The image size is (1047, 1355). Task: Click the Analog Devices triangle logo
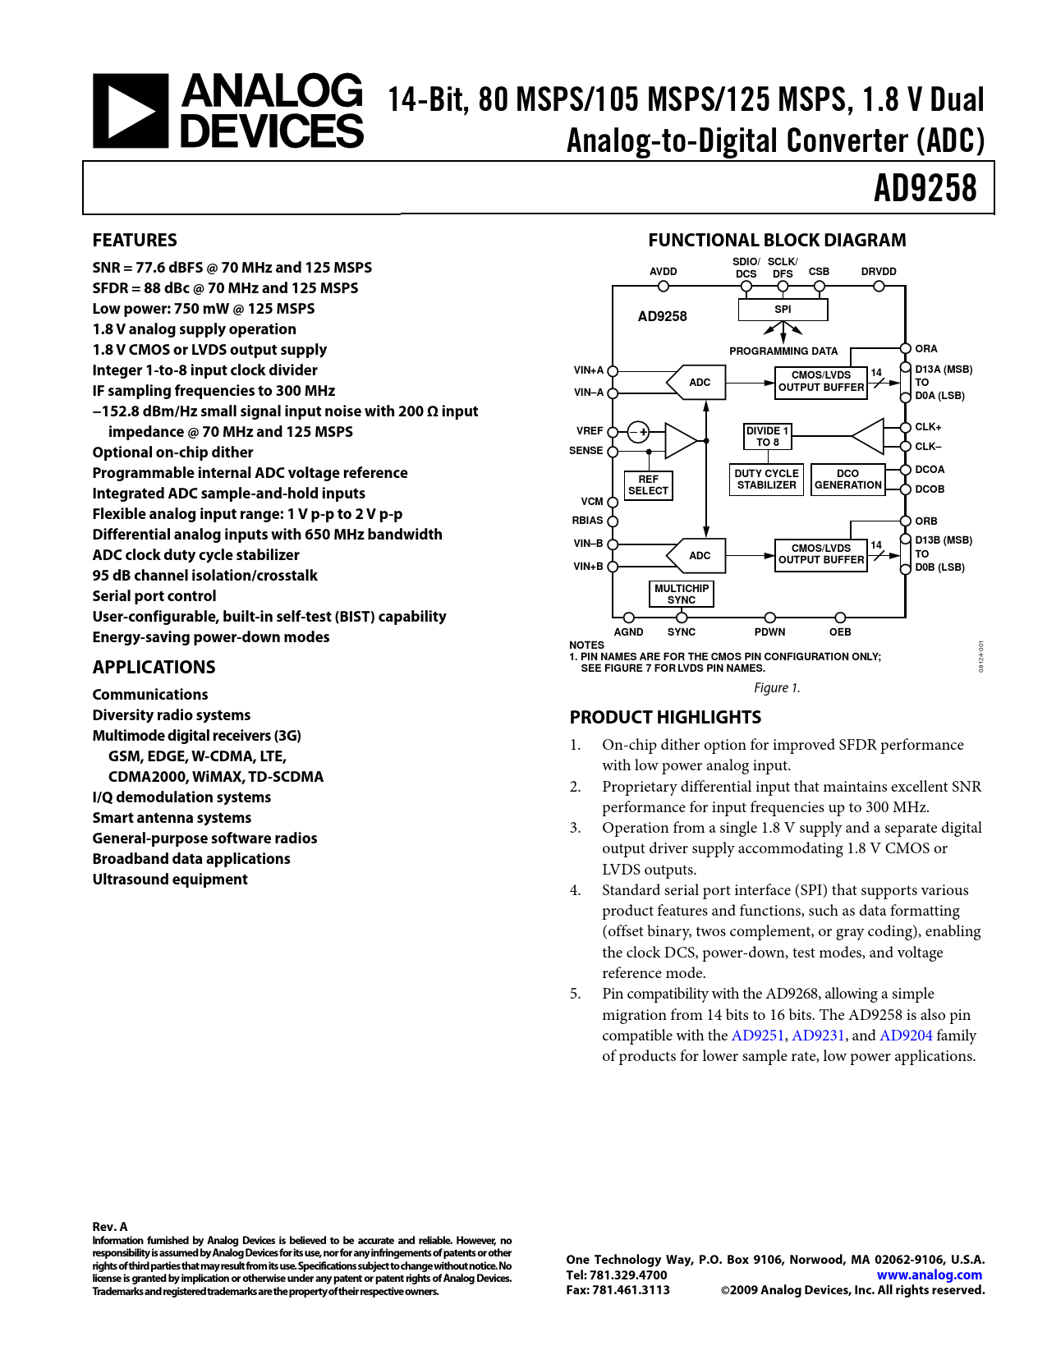(131, 111)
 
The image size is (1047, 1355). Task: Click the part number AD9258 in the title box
(925, 188)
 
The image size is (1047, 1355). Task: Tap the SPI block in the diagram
(783, 310)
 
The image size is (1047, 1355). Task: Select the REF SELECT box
(648, 485)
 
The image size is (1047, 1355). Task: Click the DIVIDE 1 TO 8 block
(767, 436)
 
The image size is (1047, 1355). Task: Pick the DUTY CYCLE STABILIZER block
(766, 479)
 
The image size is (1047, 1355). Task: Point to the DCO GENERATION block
(847, 479)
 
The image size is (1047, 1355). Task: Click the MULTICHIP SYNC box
(681, 594)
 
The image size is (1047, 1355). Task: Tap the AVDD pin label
(664, 272)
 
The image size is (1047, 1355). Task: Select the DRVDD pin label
(879, 272)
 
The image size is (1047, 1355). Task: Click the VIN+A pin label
(588, 370)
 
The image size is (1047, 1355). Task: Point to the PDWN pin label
(769, 632)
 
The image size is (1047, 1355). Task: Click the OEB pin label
(840, 632)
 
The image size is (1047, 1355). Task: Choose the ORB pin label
(925, 521)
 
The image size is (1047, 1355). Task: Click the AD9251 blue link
(758, 1036)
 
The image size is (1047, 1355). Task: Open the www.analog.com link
(929, 1275)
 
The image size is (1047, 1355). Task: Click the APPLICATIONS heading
(154, 667)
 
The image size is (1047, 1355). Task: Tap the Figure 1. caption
(777, 688)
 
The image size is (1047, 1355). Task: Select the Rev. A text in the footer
(110, 1227)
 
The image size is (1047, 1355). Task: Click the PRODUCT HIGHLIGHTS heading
(665, 717)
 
